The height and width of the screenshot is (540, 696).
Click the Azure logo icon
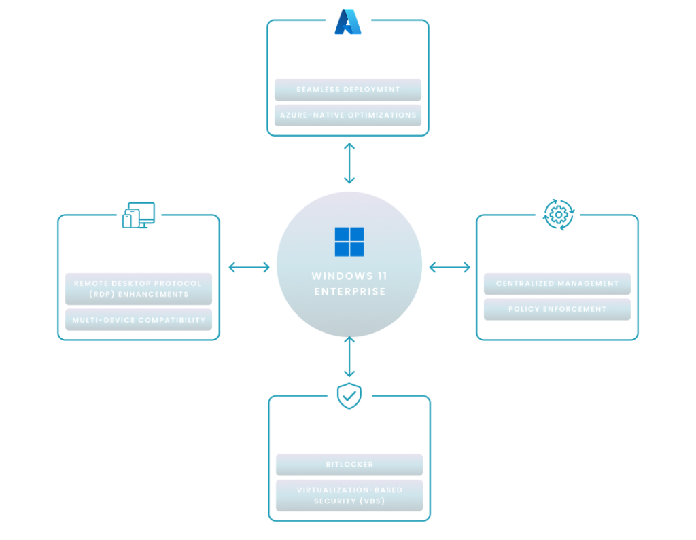[x=348, y=22]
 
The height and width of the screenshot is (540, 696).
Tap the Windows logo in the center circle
[x=349, y=242]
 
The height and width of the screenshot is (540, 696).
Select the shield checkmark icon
[x=349, y=395]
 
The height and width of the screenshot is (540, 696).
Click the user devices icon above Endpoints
[x=139, y=215]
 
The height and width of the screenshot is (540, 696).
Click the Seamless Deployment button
[x=348, y=90]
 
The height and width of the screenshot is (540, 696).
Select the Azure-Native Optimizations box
[x=348, y=115]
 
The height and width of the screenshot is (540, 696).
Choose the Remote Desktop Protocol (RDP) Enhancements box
[x=138, y=289]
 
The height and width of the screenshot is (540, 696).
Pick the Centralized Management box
[x=557, y=283]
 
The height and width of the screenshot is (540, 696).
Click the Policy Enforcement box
[x=557, y=309]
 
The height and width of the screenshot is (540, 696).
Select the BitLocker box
[x=349, y=465]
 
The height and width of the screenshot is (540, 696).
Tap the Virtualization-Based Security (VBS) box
[x=349, y=495]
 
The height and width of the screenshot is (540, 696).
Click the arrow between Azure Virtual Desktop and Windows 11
[x=349, y=163]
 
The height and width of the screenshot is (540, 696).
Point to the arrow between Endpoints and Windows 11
[x=249, y=267]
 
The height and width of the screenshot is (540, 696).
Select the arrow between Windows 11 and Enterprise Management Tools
[x=450, y=267]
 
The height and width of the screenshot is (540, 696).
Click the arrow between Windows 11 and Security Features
[x=349, y=357]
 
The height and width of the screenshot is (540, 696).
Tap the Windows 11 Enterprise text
[x=349, y=284]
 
